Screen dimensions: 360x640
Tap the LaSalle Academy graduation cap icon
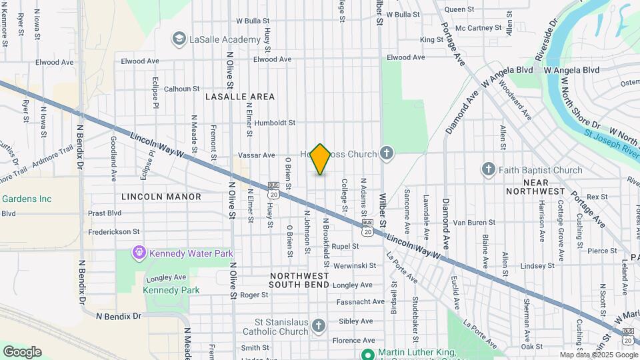[x=179, y=39]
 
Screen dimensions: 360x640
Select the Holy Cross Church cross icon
[x=386, y=155]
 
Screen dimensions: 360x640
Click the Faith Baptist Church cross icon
[x=489, y=170]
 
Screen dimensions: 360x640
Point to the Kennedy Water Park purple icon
[x=139, y=253]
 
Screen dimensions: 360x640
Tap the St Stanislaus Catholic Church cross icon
[x=319, y=326]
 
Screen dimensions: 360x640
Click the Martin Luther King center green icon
[x=367, y=353]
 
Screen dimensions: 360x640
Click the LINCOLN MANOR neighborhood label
[x=161, y=197]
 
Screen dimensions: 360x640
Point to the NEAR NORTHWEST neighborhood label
[x=536, y=187]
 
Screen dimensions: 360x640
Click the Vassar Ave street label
[x=257, y=155]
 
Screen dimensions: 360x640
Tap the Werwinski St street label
[x=353, y=265]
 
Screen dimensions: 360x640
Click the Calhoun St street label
[x=181, y=88]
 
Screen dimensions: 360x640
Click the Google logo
[x=22, y=351]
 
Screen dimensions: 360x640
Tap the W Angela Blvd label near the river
[x=571, y=69]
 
